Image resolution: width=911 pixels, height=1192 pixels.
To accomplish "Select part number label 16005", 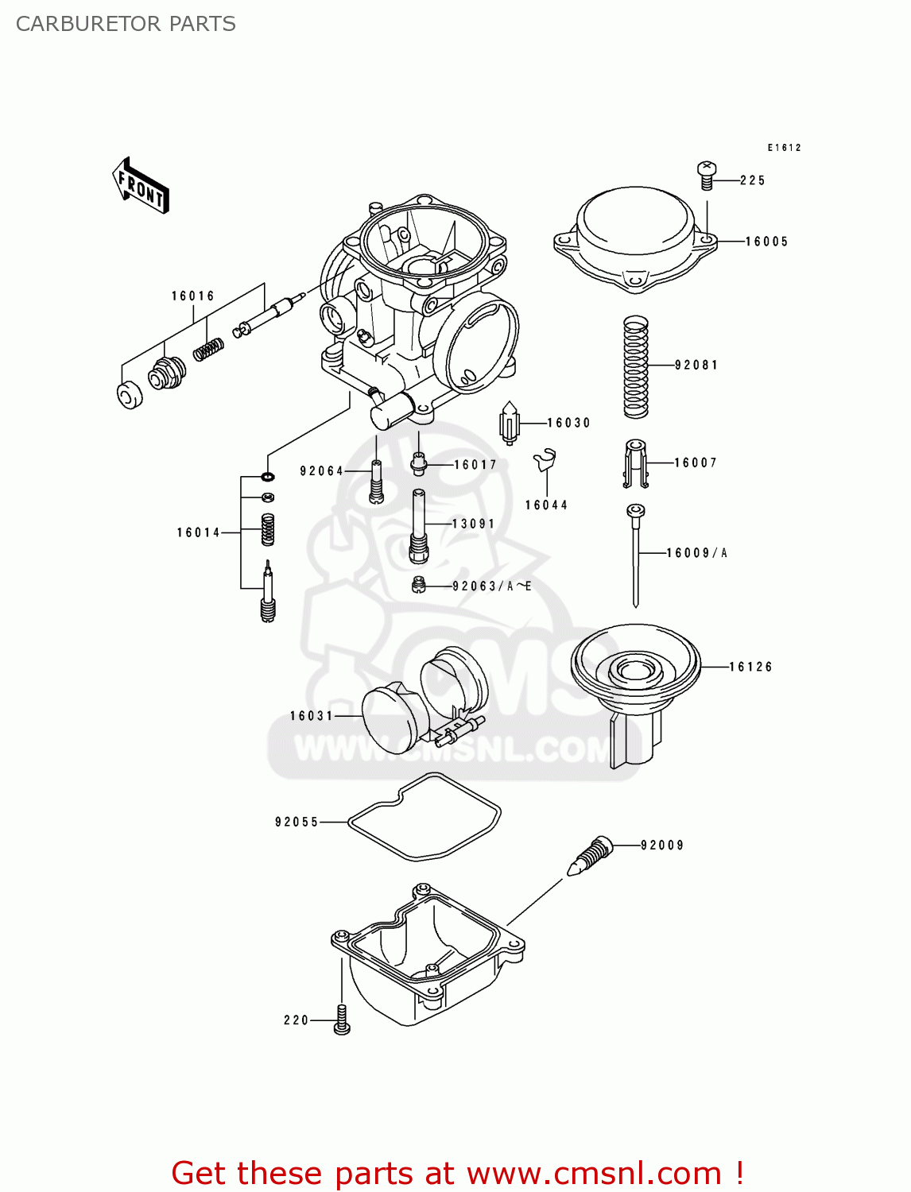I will click(766, 242).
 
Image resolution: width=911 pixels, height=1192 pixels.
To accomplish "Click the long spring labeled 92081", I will click(635, 366).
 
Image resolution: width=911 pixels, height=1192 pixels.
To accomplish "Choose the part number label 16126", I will click(750, 667).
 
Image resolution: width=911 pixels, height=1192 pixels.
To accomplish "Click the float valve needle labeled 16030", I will click(509, 423).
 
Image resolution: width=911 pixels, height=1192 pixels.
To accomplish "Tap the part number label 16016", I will click(193, 296).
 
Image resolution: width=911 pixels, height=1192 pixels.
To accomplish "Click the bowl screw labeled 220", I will click(342, 1020).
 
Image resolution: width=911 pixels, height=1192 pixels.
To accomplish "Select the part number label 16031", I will click(312, 716).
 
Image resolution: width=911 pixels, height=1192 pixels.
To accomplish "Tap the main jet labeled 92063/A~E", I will click(419, 586).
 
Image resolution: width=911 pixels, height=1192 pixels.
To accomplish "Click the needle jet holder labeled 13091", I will click(419, 524).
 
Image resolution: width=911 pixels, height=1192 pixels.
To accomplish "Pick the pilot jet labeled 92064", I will click(376, 481).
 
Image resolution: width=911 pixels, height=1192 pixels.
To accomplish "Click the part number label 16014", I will click(198, 532).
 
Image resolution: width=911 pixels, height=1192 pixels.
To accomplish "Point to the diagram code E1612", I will click(784, 148).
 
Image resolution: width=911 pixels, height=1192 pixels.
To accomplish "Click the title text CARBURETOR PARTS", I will click(126, 24).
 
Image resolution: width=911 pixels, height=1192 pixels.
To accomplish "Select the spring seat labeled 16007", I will click(635, 463).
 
